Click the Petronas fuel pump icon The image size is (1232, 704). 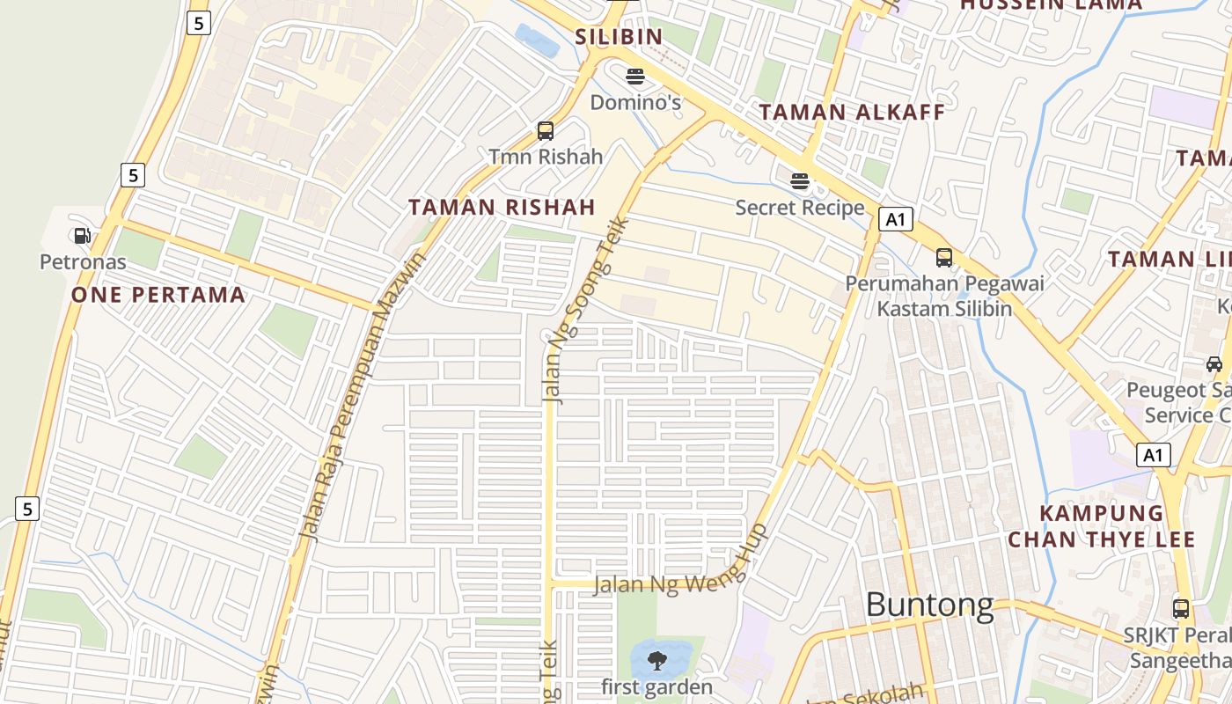tap(82, 236)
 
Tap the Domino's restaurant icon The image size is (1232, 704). tap(634, 76)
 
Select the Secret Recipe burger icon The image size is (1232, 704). tap(800, 181)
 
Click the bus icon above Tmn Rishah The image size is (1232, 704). tap(546, 131)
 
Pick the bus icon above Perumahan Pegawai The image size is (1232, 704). tap(944, 258)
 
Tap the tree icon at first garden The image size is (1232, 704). tap(656, 661)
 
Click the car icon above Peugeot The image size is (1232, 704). tap(1214, 363)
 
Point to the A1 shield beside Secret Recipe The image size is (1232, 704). tap(895, 219)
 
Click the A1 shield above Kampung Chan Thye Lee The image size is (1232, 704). tap(1154, 455)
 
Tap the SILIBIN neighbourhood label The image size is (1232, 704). tap(618, 37)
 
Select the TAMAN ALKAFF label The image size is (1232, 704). tap(852, 113)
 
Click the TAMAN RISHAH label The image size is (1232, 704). tap(502, 208)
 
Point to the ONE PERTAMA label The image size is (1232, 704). tap(158, 295)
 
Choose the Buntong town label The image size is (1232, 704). tap(929, 605)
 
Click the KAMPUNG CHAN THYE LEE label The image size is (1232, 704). tap(1102, 526)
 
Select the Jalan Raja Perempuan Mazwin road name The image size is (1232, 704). tap(363, 396)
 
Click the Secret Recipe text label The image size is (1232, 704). tap(800, 208)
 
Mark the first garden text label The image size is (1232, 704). tap(656, 686)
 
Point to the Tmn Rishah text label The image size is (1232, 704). tap(546, 157)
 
